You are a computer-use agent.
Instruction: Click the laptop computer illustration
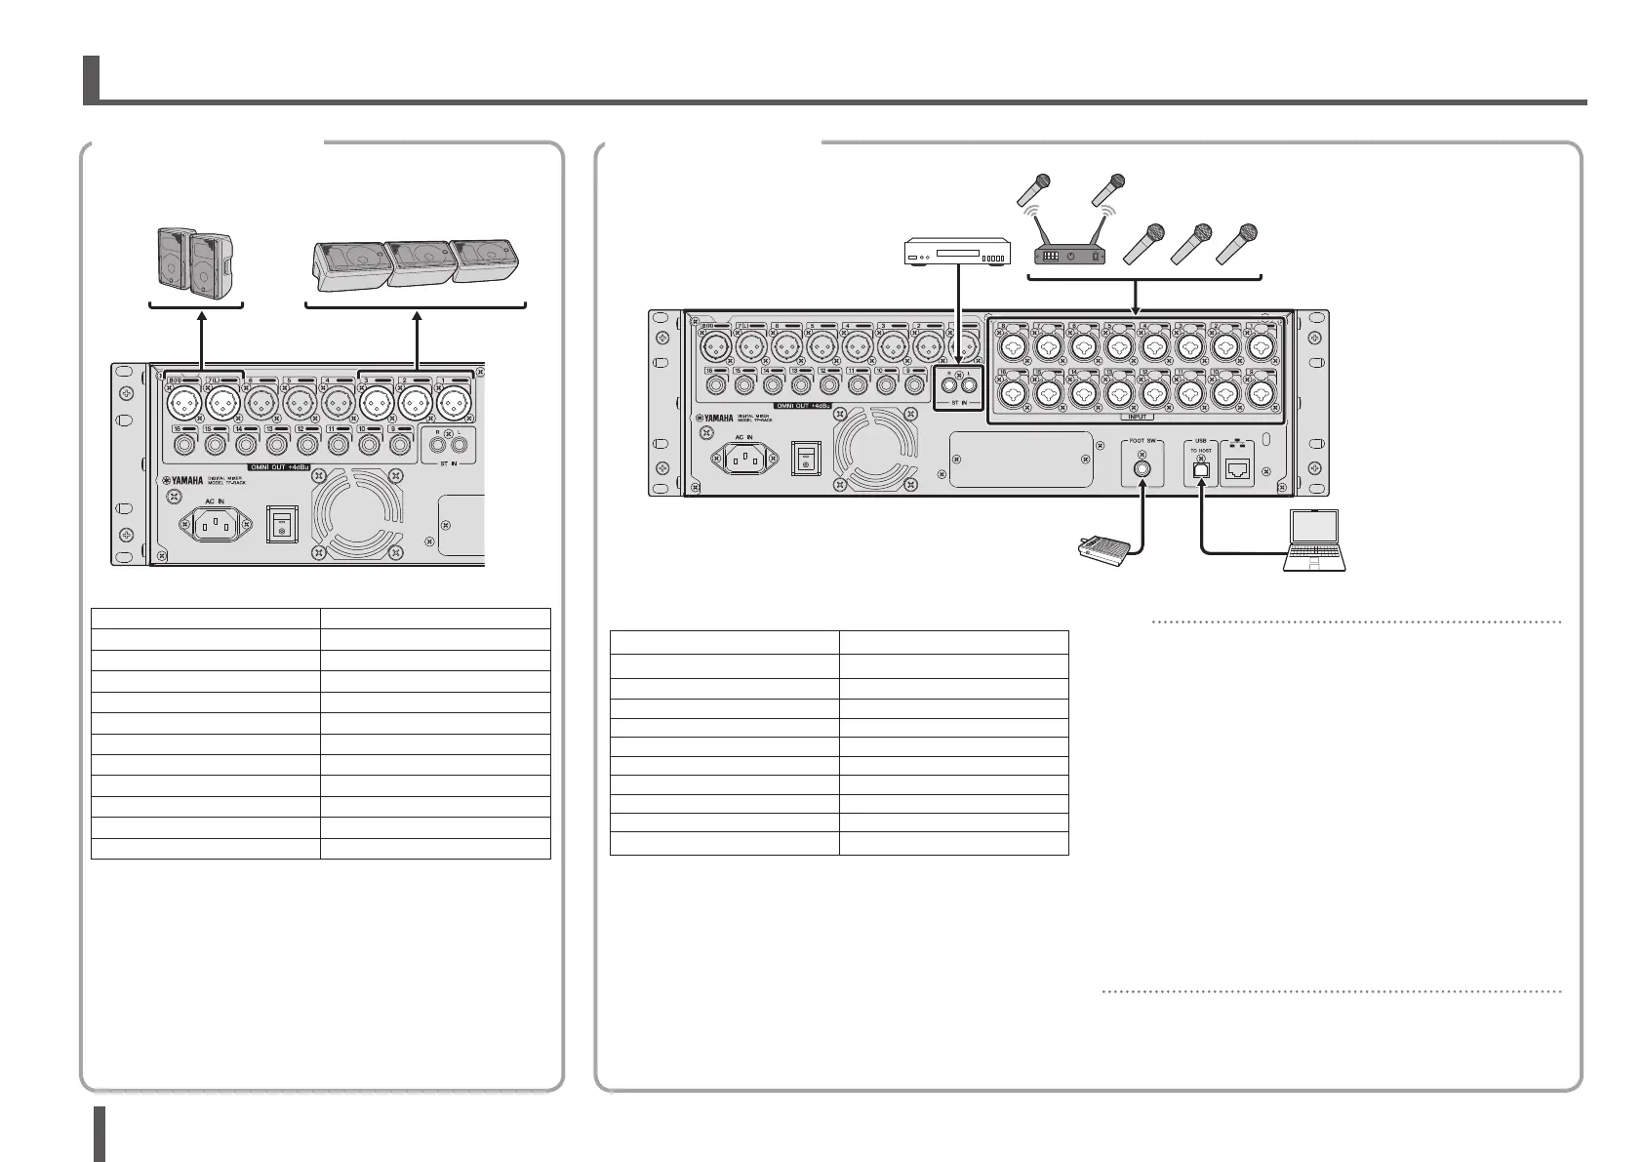pyautogui.click(x=1316, y=541)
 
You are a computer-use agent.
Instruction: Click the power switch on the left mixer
pyautogui.click(x=281, y=527)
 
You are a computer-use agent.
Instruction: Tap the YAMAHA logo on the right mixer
pyautogui.click(x=713, y=420)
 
